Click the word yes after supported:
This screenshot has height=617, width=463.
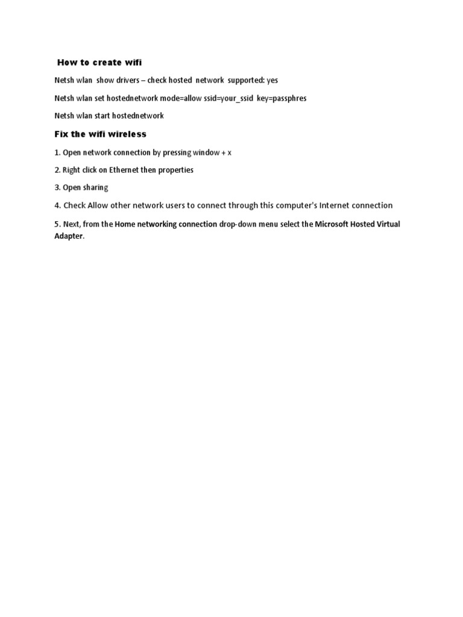pos(272,80)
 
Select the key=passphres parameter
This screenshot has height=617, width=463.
pos(282,98)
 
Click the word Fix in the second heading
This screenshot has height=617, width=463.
pos(61,134)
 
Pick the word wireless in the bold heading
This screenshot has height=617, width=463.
pos(127,134)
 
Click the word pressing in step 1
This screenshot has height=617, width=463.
pos(177,152)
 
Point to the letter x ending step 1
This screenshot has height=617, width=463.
pos(229,153)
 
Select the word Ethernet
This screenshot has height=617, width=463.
pos(124,170)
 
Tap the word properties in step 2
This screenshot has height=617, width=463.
pos(176,170)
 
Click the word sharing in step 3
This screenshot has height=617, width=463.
pos(95,187)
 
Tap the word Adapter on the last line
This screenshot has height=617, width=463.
pos(68,236)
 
